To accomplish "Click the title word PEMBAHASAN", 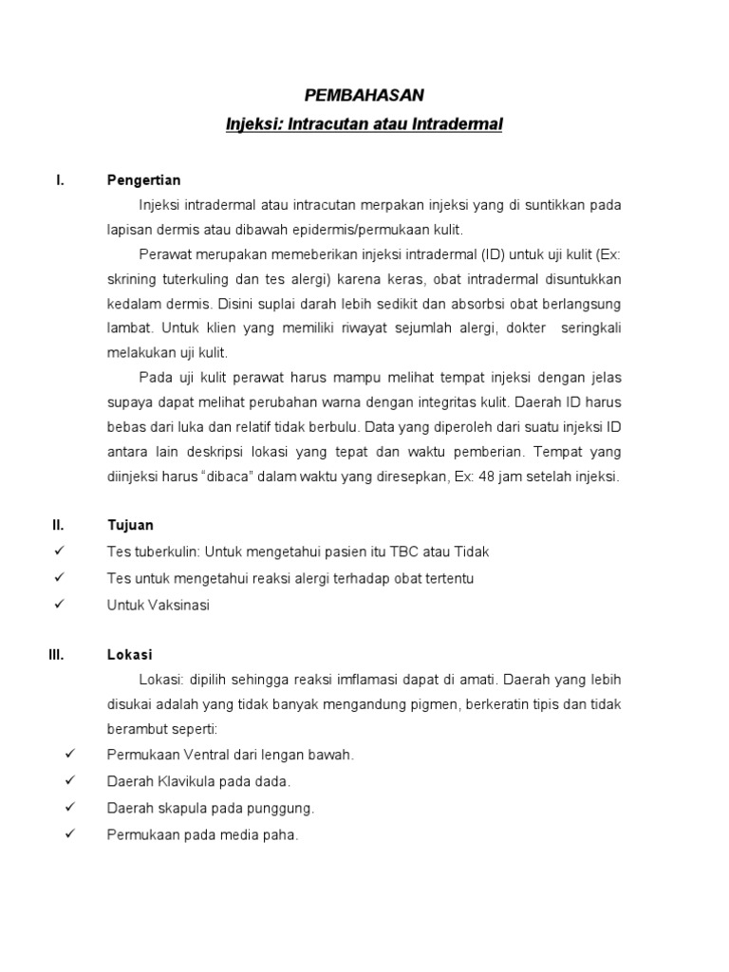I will [364, 95].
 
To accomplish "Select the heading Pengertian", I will [144, 180].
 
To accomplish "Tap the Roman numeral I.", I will [61, 180].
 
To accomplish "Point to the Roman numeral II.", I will [59, 525].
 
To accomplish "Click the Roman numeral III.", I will [57, 655].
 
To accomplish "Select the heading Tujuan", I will [131, 525].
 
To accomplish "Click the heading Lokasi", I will [130, 655].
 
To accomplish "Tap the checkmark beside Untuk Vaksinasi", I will [59, 604].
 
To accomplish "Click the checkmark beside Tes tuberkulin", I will [59, 551].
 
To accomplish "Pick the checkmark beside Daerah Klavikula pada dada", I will [69, 780].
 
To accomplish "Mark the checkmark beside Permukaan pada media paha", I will [69, 834].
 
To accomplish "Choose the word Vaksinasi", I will [176, 605].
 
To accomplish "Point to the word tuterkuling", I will [193, 280].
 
